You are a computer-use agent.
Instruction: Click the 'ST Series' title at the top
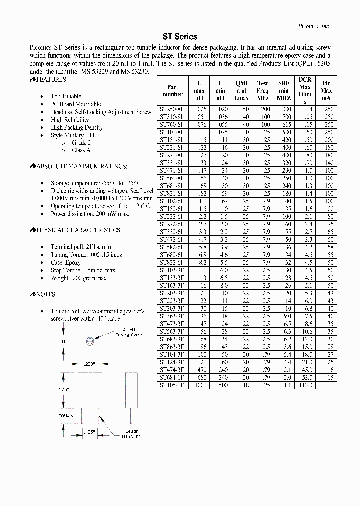coord(180,37)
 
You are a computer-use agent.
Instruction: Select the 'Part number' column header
coord(173,90)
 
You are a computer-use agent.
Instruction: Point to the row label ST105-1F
coord(171,385)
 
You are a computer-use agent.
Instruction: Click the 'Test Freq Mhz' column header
coord(263,90)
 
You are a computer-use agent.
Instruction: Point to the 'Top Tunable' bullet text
coord(66,96)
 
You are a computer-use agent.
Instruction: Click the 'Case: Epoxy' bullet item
coord(65,263)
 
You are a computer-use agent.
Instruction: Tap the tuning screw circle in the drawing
coord(89,341)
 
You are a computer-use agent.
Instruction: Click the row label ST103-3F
coord(171,270)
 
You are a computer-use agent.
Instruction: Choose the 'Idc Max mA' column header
coord(326,90)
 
